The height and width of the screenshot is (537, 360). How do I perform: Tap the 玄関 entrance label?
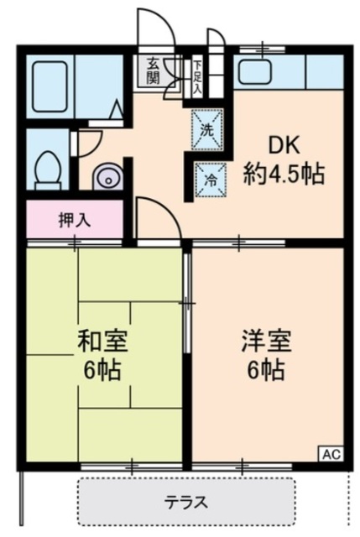coord(153,70)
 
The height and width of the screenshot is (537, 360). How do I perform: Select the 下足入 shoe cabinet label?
coord(197,76)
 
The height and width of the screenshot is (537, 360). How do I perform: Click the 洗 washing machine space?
coord(207,129)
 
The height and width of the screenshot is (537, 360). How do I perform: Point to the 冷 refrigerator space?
coord(211,180)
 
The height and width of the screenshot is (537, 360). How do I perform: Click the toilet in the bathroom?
coord(49,170)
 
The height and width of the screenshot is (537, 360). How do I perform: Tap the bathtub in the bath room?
coord(50,86)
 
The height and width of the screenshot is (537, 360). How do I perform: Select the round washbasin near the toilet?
coord(107,177)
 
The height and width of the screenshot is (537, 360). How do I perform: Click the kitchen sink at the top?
coord(255,71)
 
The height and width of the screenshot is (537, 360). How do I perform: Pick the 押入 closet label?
coord(75,220)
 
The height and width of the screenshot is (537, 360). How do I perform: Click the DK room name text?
coord(284,145)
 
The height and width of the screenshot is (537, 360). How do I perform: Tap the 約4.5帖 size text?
coord(284,174)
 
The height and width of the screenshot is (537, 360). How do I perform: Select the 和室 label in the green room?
coord(102,341)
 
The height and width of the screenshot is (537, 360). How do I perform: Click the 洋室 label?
coord(267,341)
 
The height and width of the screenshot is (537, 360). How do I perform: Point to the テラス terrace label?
coord(186,502)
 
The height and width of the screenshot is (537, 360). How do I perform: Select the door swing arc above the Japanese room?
coord(164,211)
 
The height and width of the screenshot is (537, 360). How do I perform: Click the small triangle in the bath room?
coord(117,109)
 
